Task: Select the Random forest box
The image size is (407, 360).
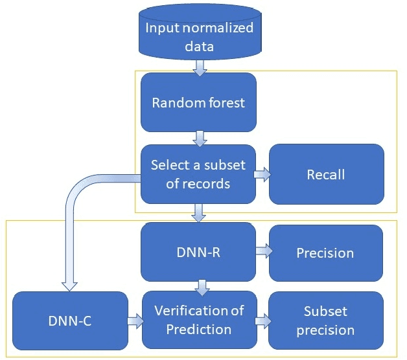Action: click(x=199, y=102)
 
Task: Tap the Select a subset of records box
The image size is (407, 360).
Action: click(x=199, y=174)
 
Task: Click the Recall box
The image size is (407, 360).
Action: click(x=326, y=174)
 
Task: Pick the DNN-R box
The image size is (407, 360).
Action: click(x=199, y=252)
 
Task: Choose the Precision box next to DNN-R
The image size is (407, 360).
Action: click(x=325, y=253)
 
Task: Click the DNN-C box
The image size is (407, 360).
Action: click(x=70, y=320)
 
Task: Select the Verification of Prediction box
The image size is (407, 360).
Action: click(x=199, y=320)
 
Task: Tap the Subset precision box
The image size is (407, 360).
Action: click(x=325, y=320)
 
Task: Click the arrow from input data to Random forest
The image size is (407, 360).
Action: click(x=199, y=66)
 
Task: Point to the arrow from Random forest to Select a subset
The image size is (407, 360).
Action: click(x=199, y=137)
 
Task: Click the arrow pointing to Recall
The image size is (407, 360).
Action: click(x=262, y=174)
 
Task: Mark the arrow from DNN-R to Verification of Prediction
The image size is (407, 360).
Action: click(x=203, y=286)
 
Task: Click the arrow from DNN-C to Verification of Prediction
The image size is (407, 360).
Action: click(x=135, y=320)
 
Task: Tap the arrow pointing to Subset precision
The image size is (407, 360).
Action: click(x=262, y=320)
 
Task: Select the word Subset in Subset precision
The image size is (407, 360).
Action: click(x=325, y=311)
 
